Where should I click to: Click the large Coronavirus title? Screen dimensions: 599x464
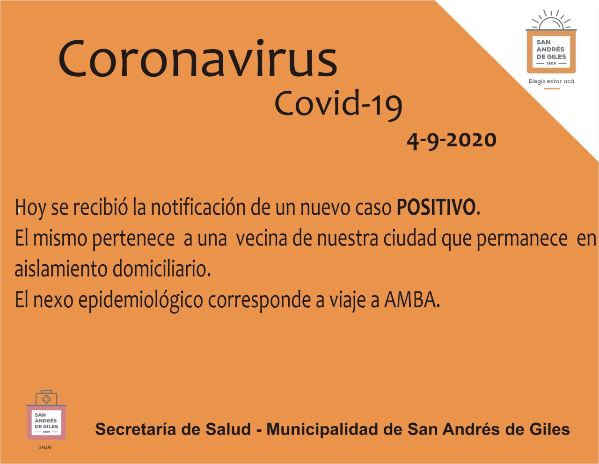point(197,58)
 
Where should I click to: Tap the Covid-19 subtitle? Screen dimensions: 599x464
point(338,105)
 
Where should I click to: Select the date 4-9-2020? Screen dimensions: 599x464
point(452,140)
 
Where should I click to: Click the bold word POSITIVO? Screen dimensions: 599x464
point(436,207)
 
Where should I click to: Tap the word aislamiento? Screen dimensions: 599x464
point(61,268)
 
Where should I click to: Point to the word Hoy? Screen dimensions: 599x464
point(30,209)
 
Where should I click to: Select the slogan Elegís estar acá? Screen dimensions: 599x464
point(551,81)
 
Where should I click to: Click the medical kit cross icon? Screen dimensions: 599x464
point(46,399)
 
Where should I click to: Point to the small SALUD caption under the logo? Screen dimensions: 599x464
point(45,447)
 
